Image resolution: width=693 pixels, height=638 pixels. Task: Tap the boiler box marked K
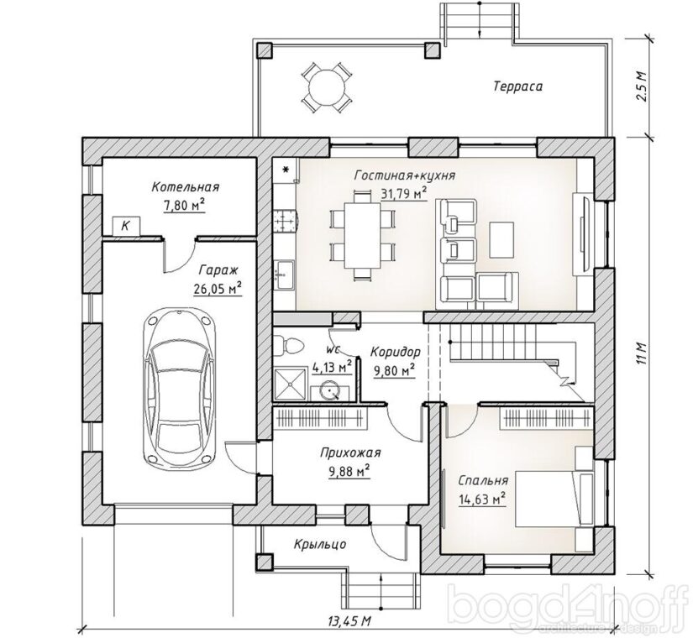(x=126, y=226)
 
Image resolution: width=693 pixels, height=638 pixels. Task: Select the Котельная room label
(x=185, y=187)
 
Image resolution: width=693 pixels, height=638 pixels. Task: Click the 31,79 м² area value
(x=404, y=194)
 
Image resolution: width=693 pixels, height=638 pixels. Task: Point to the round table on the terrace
(x=327, y=87)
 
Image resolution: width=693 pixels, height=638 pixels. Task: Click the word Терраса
(x=517, y=86)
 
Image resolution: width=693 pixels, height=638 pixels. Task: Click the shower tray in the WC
(x=291, y=384)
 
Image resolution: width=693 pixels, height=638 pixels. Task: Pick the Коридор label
(x=395, y=353)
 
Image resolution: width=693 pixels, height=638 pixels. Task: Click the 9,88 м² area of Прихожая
(x=349, y=472)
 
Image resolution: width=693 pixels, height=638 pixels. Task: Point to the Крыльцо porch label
(x=320, y=544)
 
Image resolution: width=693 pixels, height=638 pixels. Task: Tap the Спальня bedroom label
(x=483, y=481)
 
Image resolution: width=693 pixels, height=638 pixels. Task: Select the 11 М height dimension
(x=641, y=353)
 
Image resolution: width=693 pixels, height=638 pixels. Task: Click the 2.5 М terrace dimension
(x=641, y=86)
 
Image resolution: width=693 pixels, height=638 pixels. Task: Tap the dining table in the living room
(x=362, y=235)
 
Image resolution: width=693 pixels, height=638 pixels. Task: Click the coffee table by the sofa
(x=501, y=240)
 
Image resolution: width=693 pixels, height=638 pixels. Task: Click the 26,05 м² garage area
(x=218, y=289)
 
